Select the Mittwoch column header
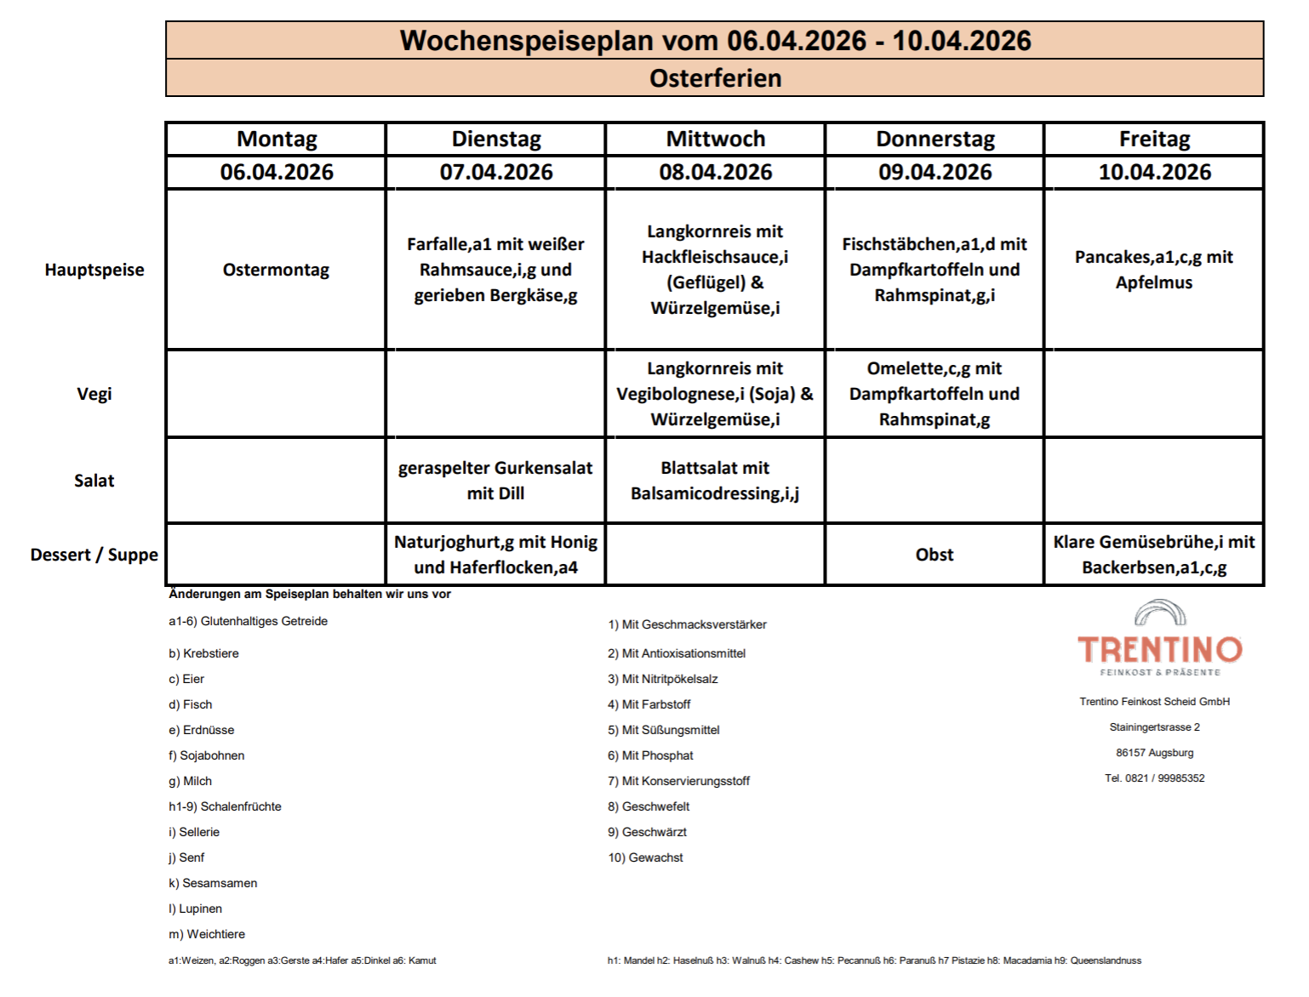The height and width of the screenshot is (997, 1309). (x=715, y=139)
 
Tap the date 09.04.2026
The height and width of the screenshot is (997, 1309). (x=935, y=172)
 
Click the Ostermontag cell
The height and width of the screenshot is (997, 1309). (x=276, y=270)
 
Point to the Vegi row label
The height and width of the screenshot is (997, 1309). (x=94, y=394)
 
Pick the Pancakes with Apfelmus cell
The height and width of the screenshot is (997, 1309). (x=1153, y=270)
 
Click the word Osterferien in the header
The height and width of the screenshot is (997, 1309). (x=715, y=78)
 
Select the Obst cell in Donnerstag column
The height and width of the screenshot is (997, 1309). (x=934, y=555)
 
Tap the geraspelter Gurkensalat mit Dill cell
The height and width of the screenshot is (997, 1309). (x=495, y=481)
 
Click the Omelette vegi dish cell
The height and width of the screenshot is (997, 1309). (x=934, y=394)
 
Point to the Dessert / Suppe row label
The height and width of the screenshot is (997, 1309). (x=94, y=555)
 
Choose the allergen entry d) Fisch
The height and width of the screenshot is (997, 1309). (x=191, y=704)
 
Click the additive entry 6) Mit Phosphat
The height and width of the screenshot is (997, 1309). (x=650, y=755)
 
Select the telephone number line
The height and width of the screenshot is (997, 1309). (x=1154, y=778)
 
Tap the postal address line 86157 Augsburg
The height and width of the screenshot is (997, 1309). (x=1154, y=753)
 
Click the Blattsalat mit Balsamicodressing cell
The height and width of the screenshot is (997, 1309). (x=715, y=481)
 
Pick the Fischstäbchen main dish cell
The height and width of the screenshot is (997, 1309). (x=934, y=270)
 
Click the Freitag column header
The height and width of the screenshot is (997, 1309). (x=1153, y=139)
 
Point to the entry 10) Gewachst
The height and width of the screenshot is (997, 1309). (x=645, y=857)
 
